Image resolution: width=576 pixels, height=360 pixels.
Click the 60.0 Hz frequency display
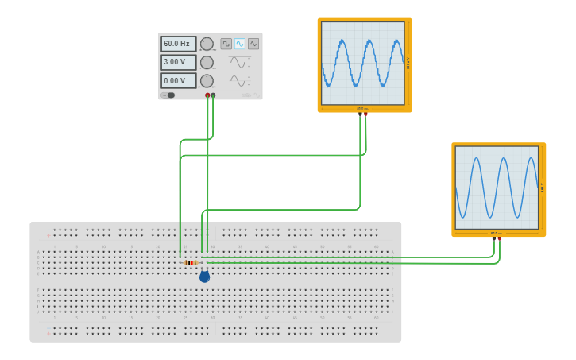[178, 44]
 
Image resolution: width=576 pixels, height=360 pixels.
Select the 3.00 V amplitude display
[178, 62]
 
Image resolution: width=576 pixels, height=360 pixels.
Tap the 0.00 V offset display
[178, 80]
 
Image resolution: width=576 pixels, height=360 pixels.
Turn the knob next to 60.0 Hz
[207, 44]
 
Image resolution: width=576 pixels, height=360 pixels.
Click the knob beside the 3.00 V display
[207, 62]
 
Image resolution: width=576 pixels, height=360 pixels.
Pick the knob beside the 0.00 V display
[207, 80]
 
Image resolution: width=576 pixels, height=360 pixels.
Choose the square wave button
[226, 44]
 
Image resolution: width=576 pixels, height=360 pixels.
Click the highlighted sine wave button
[240, 44]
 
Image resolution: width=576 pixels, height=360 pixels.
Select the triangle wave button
[253, 44]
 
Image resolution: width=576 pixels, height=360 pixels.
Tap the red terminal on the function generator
[207, 95]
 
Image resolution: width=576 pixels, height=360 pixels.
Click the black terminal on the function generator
[213, 95]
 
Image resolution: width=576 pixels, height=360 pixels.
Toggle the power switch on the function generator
[168, 95]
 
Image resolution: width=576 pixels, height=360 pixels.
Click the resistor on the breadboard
[191, 262]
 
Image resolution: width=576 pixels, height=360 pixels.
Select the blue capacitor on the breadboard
[204, 277]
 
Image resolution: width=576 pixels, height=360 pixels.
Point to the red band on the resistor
[188, 262]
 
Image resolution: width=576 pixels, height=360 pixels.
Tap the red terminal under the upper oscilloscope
[365, 114]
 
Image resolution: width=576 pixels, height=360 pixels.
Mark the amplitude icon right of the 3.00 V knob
[240, 62]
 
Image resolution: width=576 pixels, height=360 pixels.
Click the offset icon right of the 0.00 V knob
[240, 80]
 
